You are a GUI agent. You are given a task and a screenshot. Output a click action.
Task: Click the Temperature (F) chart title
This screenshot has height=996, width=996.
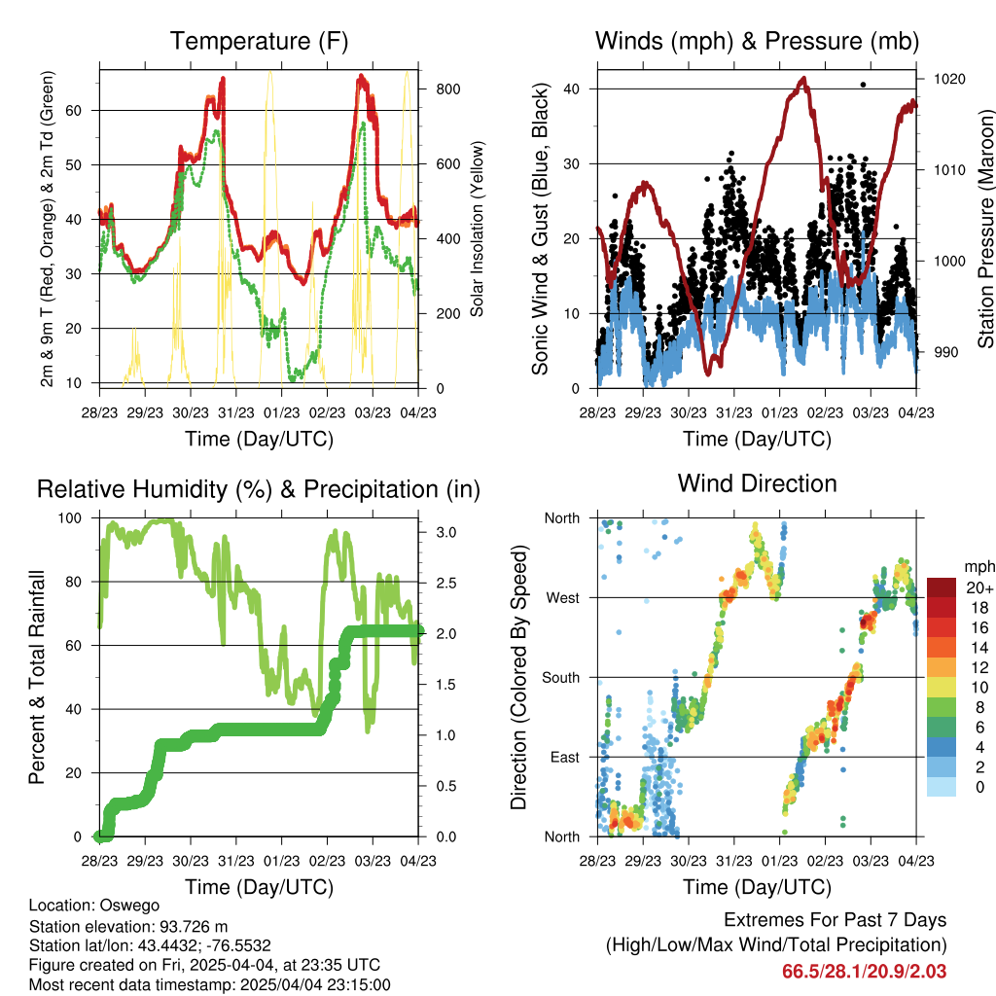[x=259, y=41]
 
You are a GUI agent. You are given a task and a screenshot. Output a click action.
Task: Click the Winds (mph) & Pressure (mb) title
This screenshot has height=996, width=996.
[x=757, y=41]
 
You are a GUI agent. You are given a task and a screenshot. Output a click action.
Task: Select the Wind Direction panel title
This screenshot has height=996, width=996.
[x=757, y=483]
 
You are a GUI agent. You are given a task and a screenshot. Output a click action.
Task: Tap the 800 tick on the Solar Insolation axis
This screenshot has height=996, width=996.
[x=448, y=89]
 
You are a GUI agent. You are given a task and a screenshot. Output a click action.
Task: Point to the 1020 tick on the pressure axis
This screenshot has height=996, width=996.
[x=949, y=79]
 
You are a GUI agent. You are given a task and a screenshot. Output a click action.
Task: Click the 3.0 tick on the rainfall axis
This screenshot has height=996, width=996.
[x=445, y=532]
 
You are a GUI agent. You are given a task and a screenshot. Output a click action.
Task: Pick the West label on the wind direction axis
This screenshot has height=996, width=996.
[x=563, y=598]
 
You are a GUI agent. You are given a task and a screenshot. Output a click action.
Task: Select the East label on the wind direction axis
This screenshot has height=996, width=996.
[x=565, y=757]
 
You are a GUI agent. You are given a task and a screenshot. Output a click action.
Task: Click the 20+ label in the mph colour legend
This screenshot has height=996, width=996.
[x=979, y=587]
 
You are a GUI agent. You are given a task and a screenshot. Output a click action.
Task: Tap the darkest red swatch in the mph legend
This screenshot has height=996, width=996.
[x=941, y=587]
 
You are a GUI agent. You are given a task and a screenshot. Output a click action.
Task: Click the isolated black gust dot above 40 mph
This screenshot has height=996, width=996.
[x=863, y=85]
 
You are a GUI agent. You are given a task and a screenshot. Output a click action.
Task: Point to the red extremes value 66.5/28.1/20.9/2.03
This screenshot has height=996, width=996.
[x=864, y=972]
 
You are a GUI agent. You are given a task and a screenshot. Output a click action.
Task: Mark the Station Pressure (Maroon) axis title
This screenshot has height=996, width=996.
[x=985, y=229]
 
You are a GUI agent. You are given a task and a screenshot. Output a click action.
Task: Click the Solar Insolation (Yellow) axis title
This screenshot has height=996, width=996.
[x=477, y=229]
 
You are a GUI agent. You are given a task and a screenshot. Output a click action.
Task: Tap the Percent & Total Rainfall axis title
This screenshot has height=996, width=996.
[x=37, y=677]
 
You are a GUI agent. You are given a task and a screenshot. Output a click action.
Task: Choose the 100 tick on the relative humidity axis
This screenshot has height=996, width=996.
[x=70, y=517]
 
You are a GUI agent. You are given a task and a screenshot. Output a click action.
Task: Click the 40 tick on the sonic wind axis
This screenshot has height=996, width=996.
[x=571, y=89]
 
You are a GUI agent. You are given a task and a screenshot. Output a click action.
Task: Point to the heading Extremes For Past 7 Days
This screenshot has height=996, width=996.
[x=836, y=920]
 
